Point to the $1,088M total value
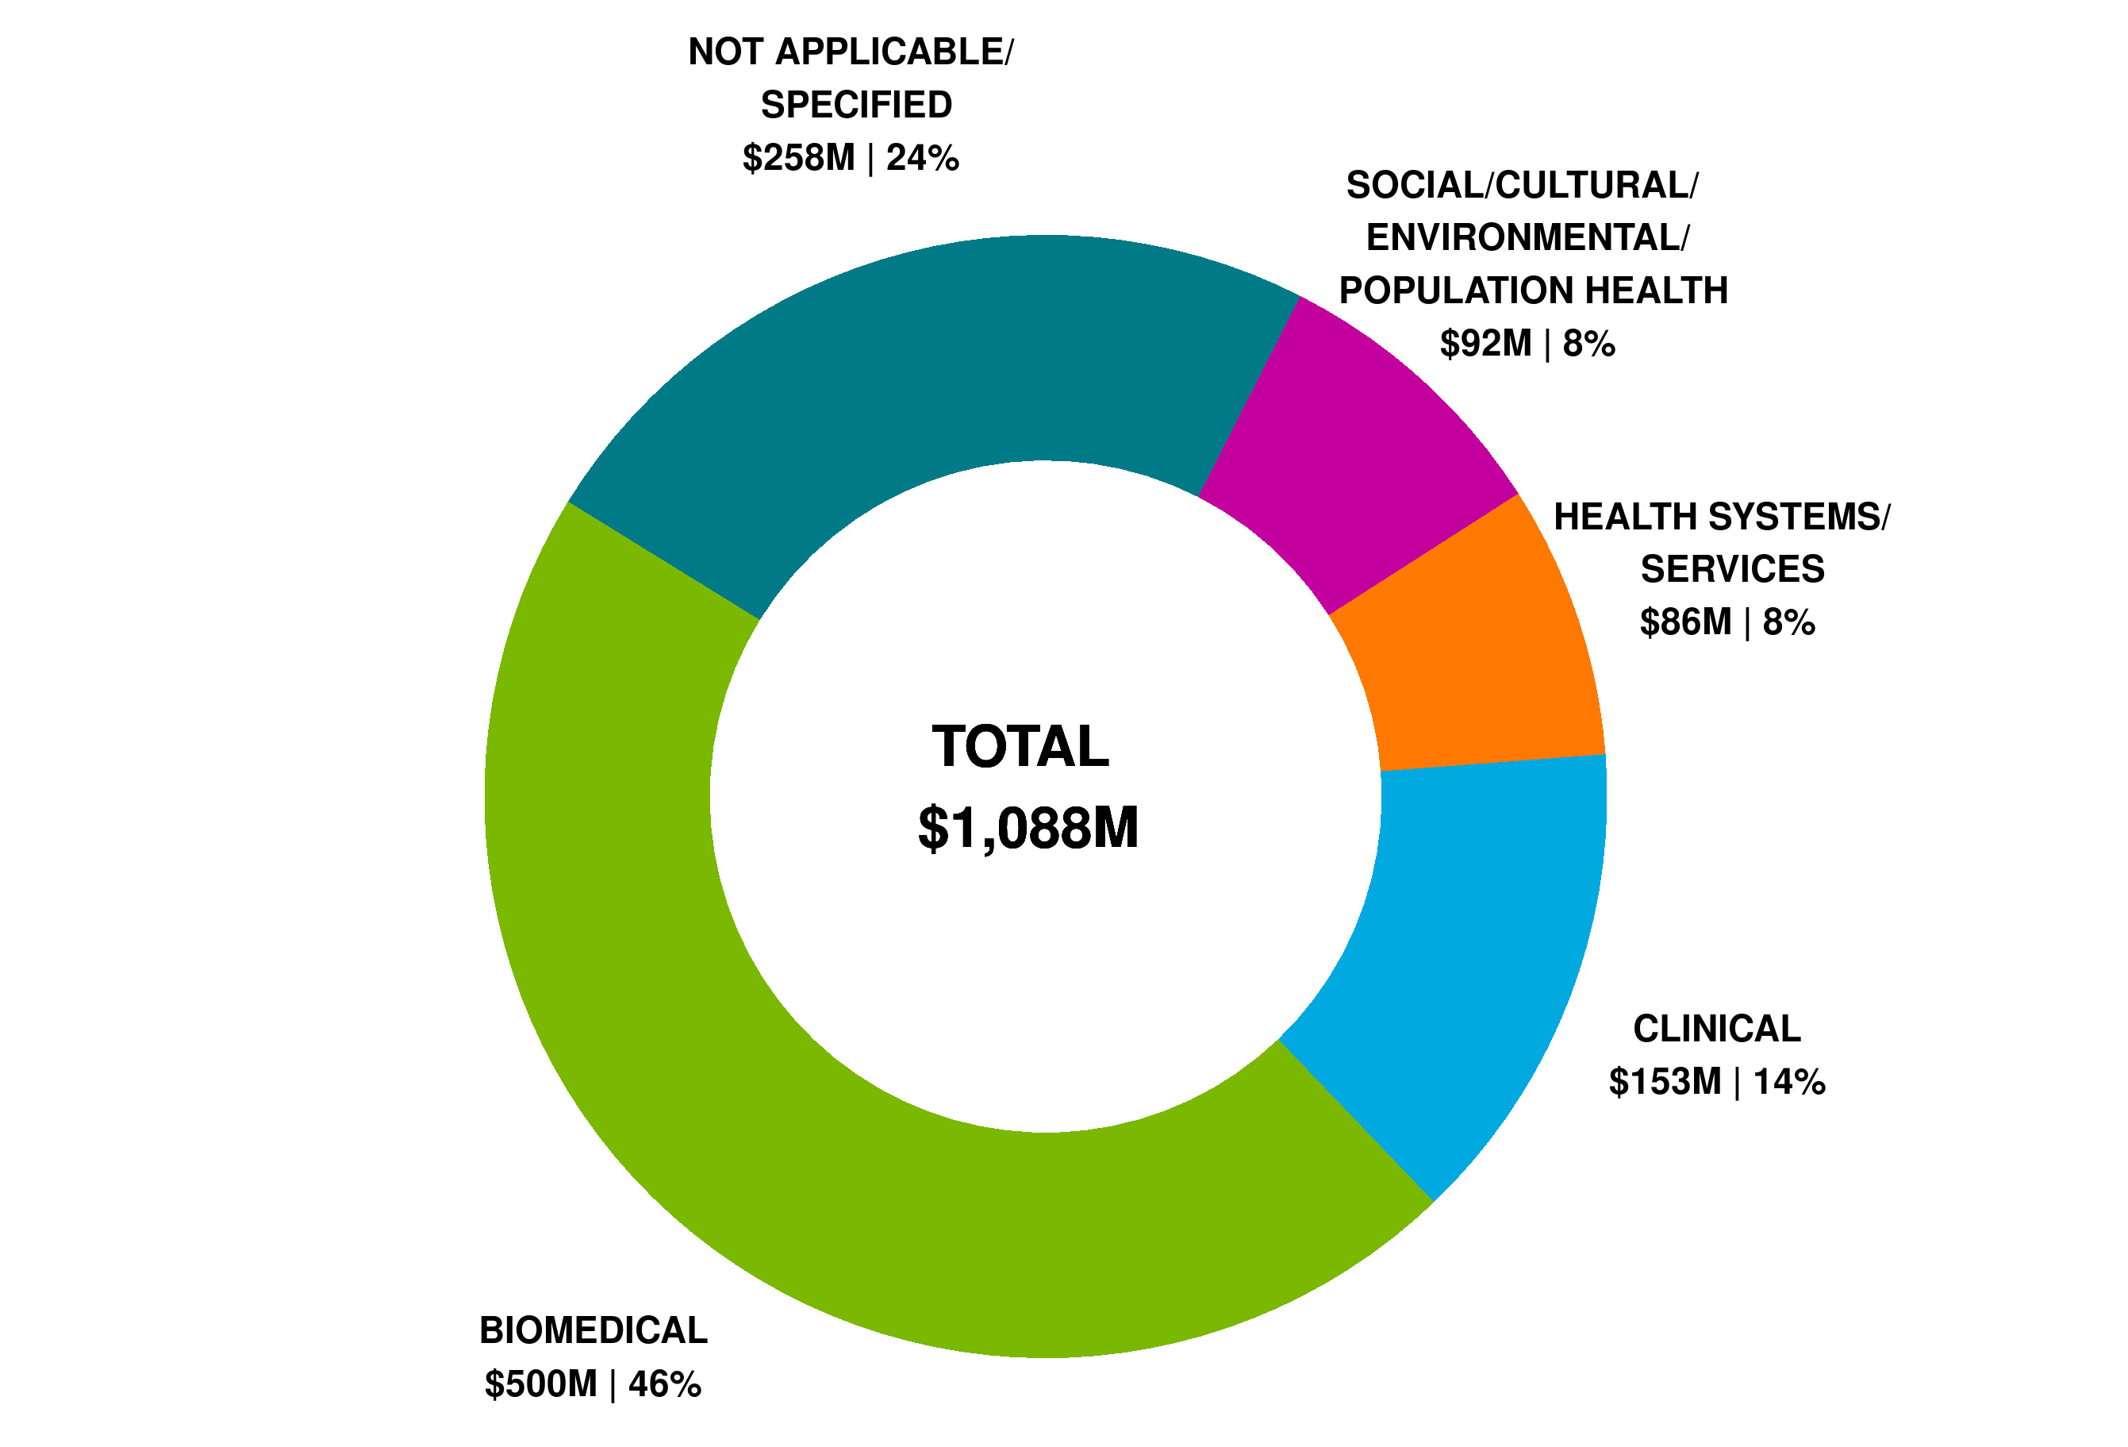(x=1028, y=828)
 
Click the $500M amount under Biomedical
(x=541, y=1384)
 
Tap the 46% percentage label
(x=665, y=1384)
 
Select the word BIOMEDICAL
(x=593, y=1330)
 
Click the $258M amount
(x=798, y=159)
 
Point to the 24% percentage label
(x=922, y=159)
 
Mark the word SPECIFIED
(x=856, y=106)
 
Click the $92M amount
(x=1485, y=344)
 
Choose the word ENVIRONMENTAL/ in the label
(x=1527, y=238)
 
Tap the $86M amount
(x=1684, y=623)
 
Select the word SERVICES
(x=1732, y=570)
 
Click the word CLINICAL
(x=1717, y=1029)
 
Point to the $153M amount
(x=1665, y=1083)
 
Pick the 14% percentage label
(x=1789, y=1083)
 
